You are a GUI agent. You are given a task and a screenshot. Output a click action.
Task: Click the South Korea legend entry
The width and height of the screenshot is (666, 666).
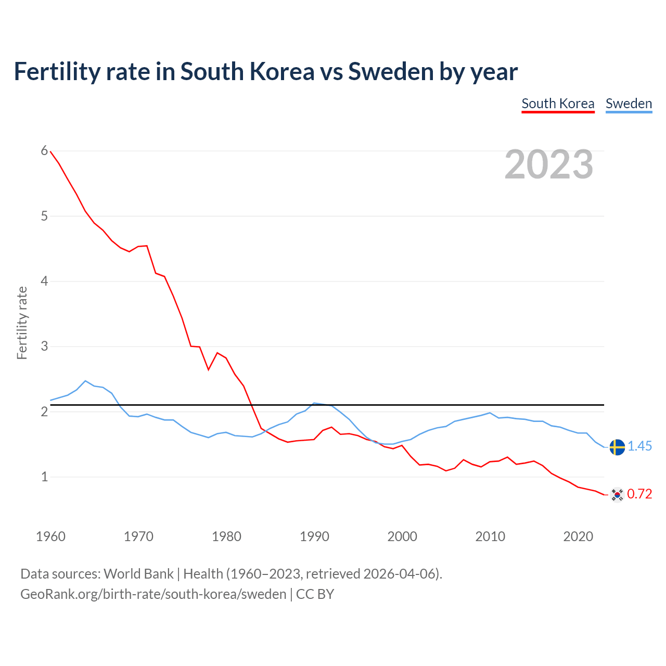558,104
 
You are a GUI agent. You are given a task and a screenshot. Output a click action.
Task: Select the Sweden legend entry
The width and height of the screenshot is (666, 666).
629,104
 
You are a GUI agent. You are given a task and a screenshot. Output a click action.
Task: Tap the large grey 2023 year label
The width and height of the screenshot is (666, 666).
549,164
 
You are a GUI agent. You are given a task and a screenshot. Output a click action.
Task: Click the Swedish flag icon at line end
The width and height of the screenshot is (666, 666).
617,447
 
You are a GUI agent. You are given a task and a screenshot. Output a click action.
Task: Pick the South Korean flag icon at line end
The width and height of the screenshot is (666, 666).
617,494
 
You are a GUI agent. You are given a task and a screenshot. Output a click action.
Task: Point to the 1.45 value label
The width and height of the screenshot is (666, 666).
640,446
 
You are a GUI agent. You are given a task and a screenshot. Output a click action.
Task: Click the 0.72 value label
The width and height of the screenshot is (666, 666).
640,494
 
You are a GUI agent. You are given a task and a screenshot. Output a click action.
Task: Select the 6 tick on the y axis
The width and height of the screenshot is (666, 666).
44,151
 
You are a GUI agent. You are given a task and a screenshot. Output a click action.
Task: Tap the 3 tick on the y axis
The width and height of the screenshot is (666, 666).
44,346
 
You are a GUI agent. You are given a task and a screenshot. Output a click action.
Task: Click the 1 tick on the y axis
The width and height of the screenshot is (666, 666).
44,477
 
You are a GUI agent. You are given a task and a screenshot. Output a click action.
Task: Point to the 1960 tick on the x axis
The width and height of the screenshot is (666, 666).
50,536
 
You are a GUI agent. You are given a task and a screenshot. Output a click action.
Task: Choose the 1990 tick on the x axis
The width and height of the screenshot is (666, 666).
314,536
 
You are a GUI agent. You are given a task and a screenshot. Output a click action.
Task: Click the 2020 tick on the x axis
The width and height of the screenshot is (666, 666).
578,536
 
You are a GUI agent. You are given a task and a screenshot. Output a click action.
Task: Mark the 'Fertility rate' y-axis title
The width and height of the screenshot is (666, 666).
22,323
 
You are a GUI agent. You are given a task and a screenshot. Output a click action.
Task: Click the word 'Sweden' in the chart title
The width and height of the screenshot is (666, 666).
390,72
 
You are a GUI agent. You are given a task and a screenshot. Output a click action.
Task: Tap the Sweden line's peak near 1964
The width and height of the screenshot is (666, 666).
85,381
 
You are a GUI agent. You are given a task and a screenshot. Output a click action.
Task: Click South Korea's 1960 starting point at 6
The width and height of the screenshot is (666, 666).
50,151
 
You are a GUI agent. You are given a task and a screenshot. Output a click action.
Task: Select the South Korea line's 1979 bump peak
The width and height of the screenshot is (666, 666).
217,353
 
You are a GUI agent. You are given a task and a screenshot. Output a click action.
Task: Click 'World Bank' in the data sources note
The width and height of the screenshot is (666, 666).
138,574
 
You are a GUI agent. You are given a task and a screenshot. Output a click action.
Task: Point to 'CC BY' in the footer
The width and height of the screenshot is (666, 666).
315,594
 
